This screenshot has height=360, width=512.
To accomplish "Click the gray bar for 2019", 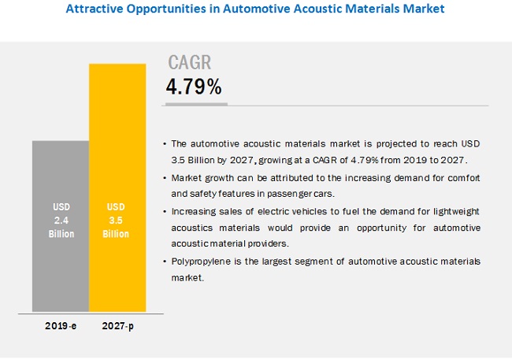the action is coord(61,226).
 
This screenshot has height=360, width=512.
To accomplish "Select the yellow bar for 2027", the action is coord(117,187).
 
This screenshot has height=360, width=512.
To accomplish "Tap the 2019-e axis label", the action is coord(61,325).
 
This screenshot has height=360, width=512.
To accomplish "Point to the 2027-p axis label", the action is coord(118,326).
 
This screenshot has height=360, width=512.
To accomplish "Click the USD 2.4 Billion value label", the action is coord(61,221).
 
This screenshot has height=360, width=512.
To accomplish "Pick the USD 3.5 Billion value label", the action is coord(116,221).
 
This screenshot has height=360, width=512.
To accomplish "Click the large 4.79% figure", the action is coord(194,87).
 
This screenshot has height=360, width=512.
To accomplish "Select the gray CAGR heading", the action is coord(190,62).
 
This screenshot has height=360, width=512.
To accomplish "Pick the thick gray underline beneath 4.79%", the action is coord(196,104).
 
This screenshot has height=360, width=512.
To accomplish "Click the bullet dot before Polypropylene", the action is coord(165,262).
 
